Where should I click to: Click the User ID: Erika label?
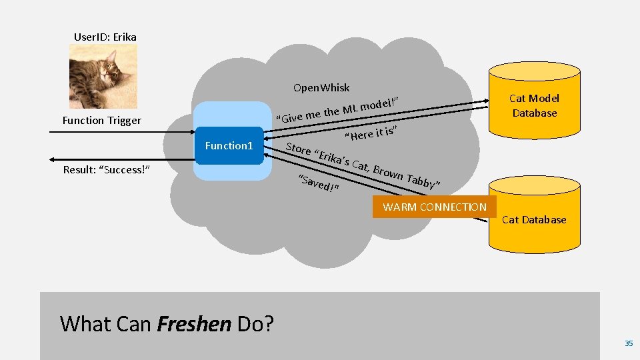click(x=105, y=37)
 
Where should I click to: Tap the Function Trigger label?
click(x=101, y=121)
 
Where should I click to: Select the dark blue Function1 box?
click(x=229, y=145)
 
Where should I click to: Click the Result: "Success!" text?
click(x=106, y=170)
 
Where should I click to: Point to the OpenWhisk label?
click(x=321, y=88)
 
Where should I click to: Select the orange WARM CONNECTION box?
click(x=435, y=207)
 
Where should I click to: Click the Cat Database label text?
click(x=534, y=219)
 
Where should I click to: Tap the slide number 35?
click(x=628, y=343)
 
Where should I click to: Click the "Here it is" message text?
click(x=371, y=132)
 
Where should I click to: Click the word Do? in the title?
click(x=255, y=324)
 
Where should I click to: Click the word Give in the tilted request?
click(x=291, y=118)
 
